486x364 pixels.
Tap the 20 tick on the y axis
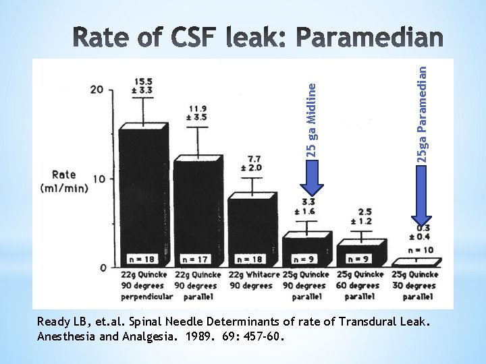(97, 90)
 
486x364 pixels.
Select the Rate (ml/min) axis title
(65, 182)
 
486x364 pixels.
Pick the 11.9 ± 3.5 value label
(197, 112)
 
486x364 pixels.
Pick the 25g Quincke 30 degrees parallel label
(414, 285)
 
